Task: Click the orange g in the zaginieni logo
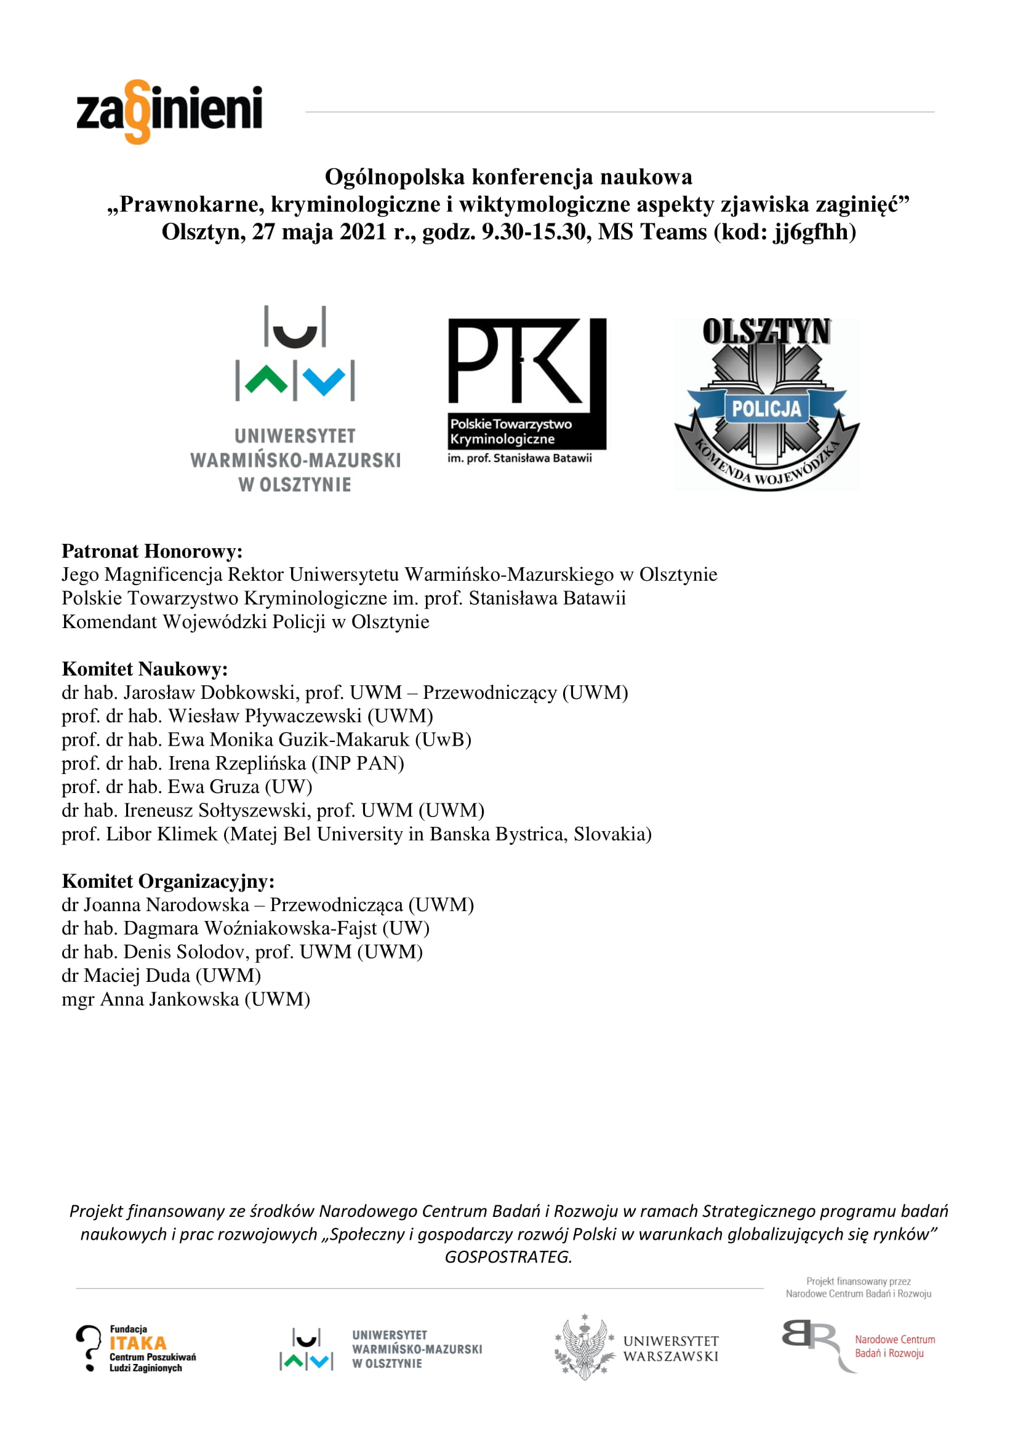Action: (x=138, y=111)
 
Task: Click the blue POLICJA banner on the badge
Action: (x=766, y=409)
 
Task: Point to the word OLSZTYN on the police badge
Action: (x=766, y=332)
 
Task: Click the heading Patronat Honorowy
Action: (x=151, y=551)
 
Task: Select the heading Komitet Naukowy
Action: (x=145, y=669)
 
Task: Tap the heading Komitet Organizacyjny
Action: (x=168, y=881)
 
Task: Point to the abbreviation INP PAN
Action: (x=358, y=763)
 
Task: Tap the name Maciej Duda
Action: (x=137, y=976)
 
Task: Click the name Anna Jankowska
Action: (x=170, y=999)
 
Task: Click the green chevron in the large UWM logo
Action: (x=267, y=380)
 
